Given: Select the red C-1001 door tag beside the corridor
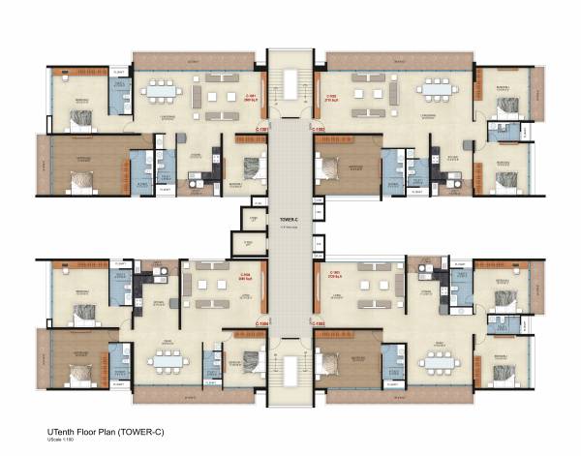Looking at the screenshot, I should tap(260, 127).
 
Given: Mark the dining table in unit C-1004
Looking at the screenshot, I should tap(171, 357).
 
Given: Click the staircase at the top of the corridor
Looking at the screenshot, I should tap(288, 82).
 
